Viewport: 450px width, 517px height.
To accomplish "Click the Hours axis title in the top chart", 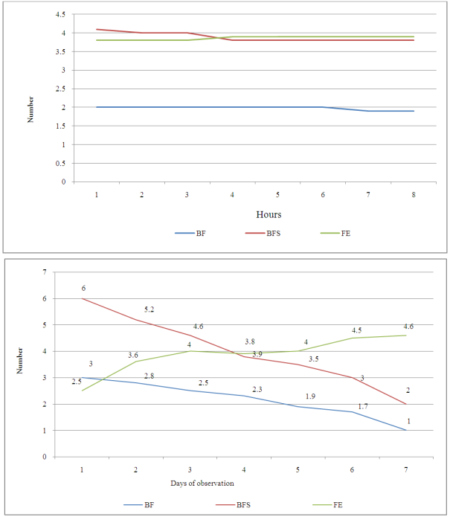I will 269,214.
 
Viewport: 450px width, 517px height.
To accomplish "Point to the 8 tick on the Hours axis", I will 414,194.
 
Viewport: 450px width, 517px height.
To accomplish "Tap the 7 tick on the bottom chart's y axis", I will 65,272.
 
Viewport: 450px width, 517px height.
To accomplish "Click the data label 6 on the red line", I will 83,288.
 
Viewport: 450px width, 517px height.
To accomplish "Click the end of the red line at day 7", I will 406,404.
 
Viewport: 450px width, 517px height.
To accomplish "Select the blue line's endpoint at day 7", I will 406,430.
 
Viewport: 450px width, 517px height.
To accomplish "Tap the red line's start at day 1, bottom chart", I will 83,298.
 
